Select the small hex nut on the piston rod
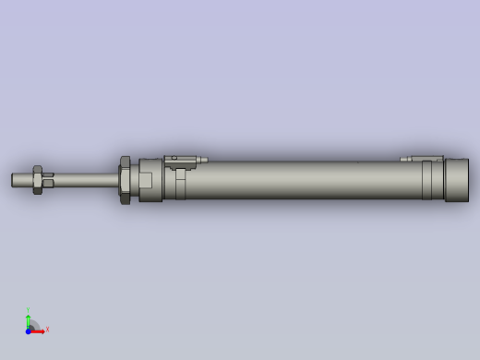coord(38,180)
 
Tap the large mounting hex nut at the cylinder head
coord(125,180)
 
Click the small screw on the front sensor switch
coord(174,158)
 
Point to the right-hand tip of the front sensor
coord(204,160)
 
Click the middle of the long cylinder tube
coord(295,180)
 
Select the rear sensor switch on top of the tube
coord(423,159)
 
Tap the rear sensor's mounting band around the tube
coord(427,180)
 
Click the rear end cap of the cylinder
coord(456,180)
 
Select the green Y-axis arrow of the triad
coord(29,320)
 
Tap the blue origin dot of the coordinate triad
coord(29,330)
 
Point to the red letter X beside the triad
coord(47,329)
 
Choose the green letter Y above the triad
coord(28,311)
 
